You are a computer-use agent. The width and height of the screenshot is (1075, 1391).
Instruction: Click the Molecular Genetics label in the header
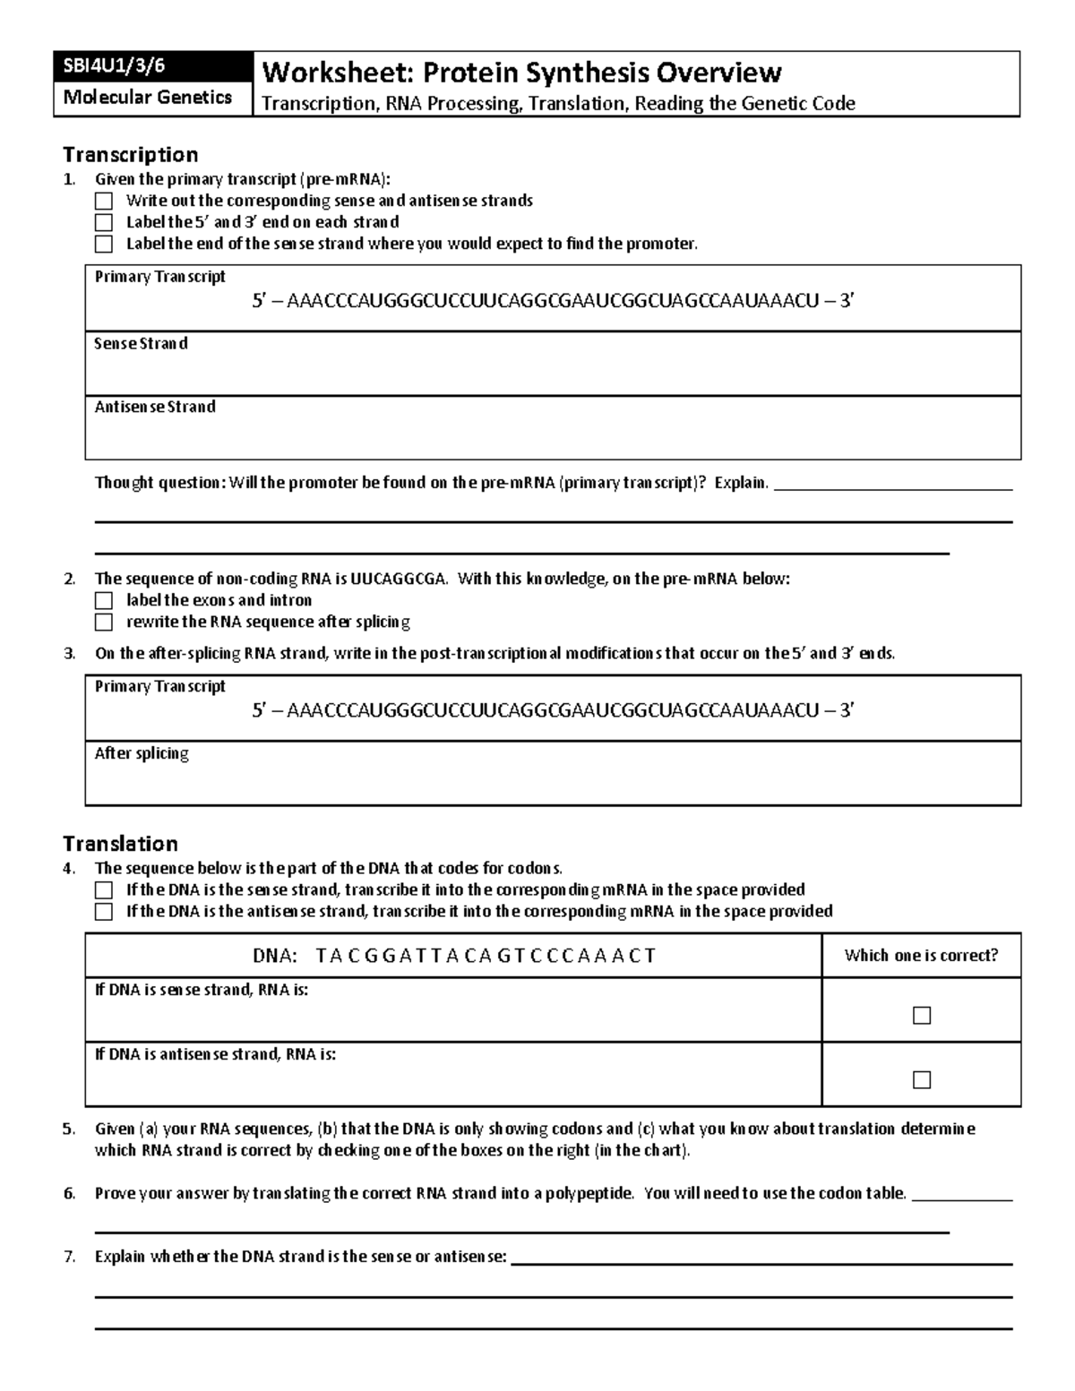point(148,97)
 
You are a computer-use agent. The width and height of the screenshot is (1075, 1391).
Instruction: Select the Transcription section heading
point(130,154)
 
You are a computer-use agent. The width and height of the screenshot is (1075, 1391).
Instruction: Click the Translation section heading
point(120,843)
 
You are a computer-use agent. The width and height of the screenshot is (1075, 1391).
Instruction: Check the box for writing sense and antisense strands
point(104,201)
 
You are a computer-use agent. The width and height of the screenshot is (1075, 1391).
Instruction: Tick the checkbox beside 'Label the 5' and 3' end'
point(104,222)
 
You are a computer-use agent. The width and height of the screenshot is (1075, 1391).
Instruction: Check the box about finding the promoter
point(104,244)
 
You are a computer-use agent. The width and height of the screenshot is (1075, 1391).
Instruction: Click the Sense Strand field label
point(141,343)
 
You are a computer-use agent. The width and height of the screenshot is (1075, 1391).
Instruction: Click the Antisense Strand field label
point(155,407)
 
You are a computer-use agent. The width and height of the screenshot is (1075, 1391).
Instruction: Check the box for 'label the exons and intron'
point(104,600)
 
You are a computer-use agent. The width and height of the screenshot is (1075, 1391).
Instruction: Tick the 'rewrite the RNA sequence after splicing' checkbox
point(104,622)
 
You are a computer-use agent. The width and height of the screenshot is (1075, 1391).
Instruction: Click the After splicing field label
point(142,753)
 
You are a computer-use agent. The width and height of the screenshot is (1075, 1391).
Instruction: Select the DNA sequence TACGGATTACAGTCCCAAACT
point(486,956)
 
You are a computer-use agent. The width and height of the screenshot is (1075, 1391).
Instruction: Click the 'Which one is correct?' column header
point(921,956)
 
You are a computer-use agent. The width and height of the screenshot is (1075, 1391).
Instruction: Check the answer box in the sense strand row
point(921,1016)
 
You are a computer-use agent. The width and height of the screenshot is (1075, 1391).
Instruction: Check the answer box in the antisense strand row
point(921,1080)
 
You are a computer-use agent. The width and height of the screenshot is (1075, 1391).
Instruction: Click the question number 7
point(70,1257)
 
